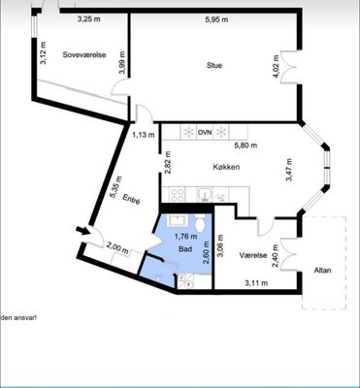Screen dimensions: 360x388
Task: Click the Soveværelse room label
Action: point(84,54)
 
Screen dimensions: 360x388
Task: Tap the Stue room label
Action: point(214,65)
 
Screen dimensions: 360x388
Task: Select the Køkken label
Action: point(226,167)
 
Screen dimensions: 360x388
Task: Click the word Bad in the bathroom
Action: point(185,249)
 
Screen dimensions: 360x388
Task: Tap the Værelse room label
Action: point(253,255)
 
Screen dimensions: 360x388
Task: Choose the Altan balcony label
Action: point(323,271)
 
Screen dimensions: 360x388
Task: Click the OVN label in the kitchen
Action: point(205,132)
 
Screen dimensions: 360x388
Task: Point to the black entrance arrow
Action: point(82,231)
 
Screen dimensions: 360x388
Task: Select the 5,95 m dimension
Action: point(216,19)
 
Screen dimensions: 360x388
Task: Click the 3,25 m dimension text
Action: point(89,18)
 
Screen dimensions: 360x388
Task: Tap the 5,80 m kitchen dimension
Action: point(245,145)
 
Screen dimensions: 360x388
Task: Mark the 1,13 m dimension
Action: point(144,135)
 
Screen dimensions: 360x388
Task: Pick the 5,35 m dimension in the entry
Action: point(115,187)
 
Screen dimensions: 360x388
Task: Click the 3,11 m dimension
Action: point(256,283)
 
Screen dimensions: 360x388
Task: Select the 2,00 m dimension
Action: point(117,249)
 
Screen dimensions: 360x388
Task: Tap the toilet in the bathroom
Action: point(200,224)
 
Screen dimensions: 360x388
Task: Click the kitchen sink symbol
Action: point(204,195)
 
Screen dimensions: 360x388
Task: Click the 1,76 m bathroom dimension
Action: point(185,237)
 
